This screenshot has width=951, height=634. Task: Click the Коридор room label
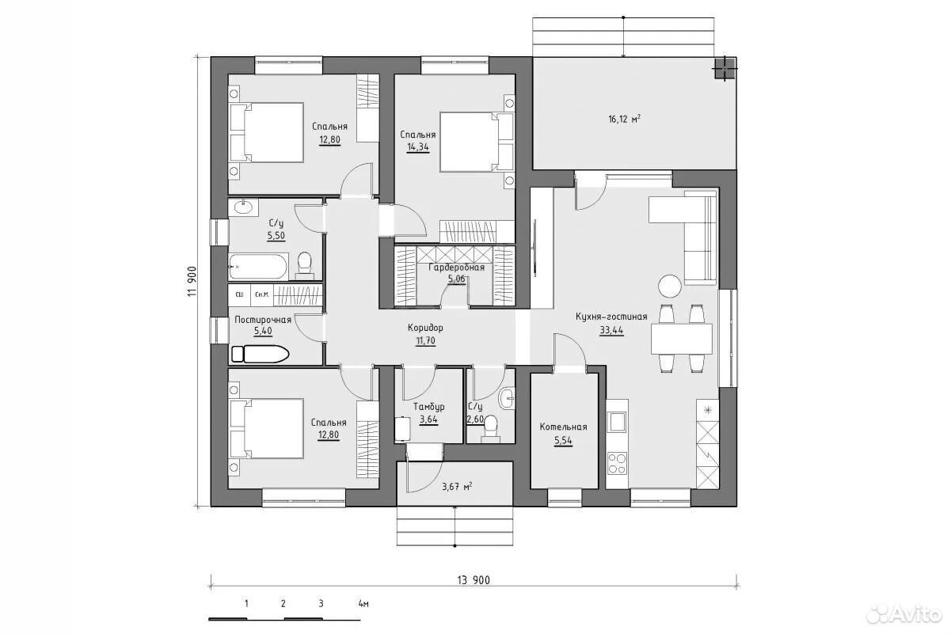coord(425,328)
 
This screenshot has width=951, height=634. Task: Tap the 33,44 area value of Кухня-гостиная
coord(611,330)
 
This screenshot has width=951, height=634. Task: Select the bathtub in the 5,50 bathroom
coord(258,267)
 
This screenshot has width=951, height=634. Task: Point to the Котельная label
coord(563,427)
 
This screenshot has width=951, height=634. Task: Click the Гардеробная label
coord(456,268)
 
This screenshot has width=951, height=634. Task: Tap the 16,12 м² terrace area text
coord(624,120)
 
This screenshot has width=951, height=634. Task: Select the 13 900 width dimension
coord(474,580)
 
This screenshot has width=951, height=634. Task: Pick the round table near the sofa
coord(670,286)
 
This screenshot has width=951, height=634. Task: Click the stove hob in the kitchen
coord(617,463)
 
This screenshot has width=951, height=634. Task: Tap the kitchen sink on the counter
coord(617,421)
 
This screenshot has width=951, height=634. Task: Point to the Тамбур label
coord(429,407)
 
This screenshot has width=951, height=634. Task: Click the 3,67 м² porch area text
coord(457,487)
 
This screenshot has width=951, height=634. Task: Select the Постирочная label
coord(263,320)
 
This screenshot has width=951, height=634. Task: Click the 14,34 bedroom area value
coord(418,147)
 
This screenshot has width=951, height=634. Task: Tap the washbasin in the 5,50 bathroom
coord(243,208)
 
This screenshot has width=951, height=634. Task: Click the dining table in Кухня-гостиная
coord(682,339)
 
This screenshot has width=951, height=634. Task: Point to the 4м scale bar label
coord(363,604)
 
